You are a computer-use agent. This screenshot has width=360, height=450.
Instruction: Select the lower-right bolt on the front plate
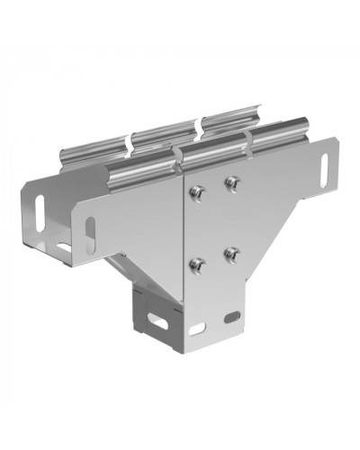pos(231,254)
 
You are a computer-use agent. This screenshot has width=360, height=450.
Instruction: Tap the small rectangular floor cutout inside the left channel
pos(62,246)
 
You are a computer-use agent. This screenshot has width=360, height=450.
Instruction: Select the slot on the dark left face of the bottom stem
pos(157,319)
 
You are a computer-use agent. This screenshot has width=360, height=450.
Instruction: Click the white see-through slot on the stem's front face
pos(197,328)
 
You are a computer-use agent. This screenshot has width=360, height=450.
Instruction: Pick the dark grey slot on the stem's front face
pos(232,318)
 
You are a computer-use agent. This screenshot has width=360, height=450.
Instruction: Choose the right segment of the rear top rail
pos(229,119)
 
